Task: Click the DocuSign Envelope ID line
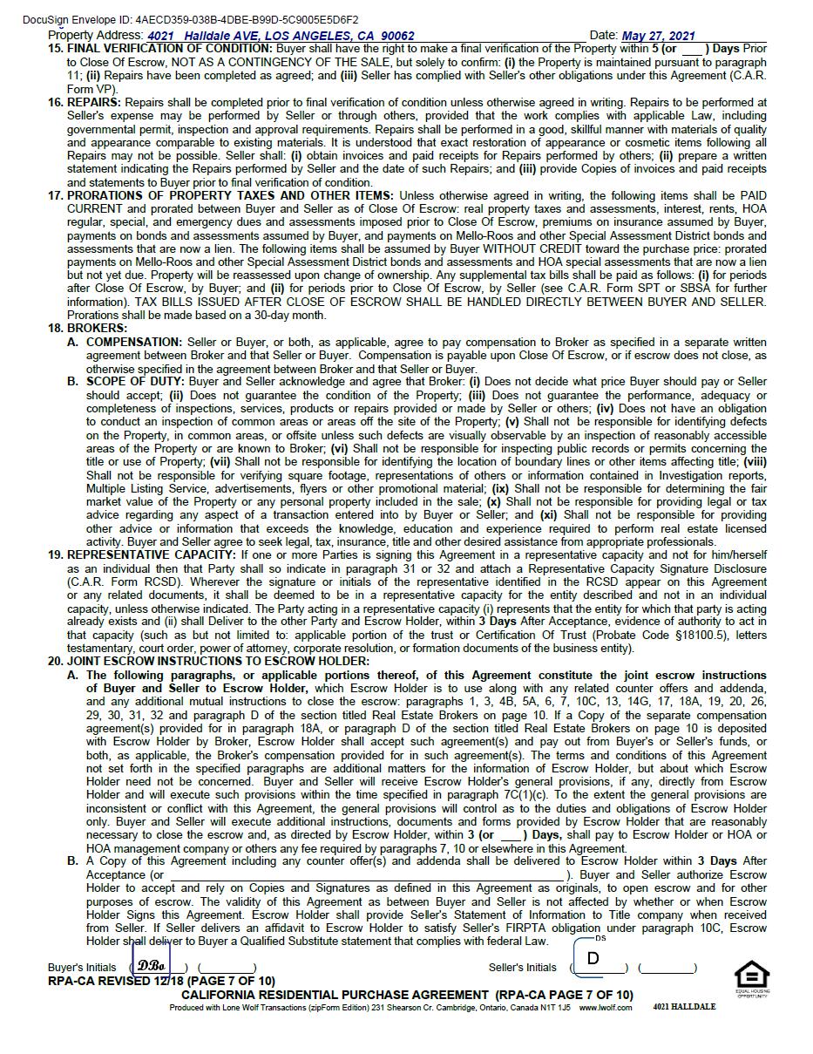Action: [x=190, y=19]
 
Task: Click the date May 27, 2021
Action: [x=658, y=36]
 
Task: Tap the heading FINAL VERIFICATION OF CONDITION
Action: [x=170, y=49]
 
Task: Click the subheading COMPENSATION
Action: [x=133, y=343]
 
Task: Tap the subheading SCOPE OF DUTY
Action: [x=135, y=382]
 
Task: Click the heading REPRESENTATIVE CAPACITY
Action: [x=152, y=554]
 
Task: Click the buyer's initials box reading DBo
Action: [x=152, y=966]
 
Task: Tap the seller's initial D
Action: [x=593, y=959]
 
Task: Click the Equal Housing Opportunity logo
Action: [x=751, y=976]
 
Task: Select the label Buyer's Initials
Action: [x=82, y=968]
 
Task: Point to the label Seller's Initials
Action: [x=522, y=968]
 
